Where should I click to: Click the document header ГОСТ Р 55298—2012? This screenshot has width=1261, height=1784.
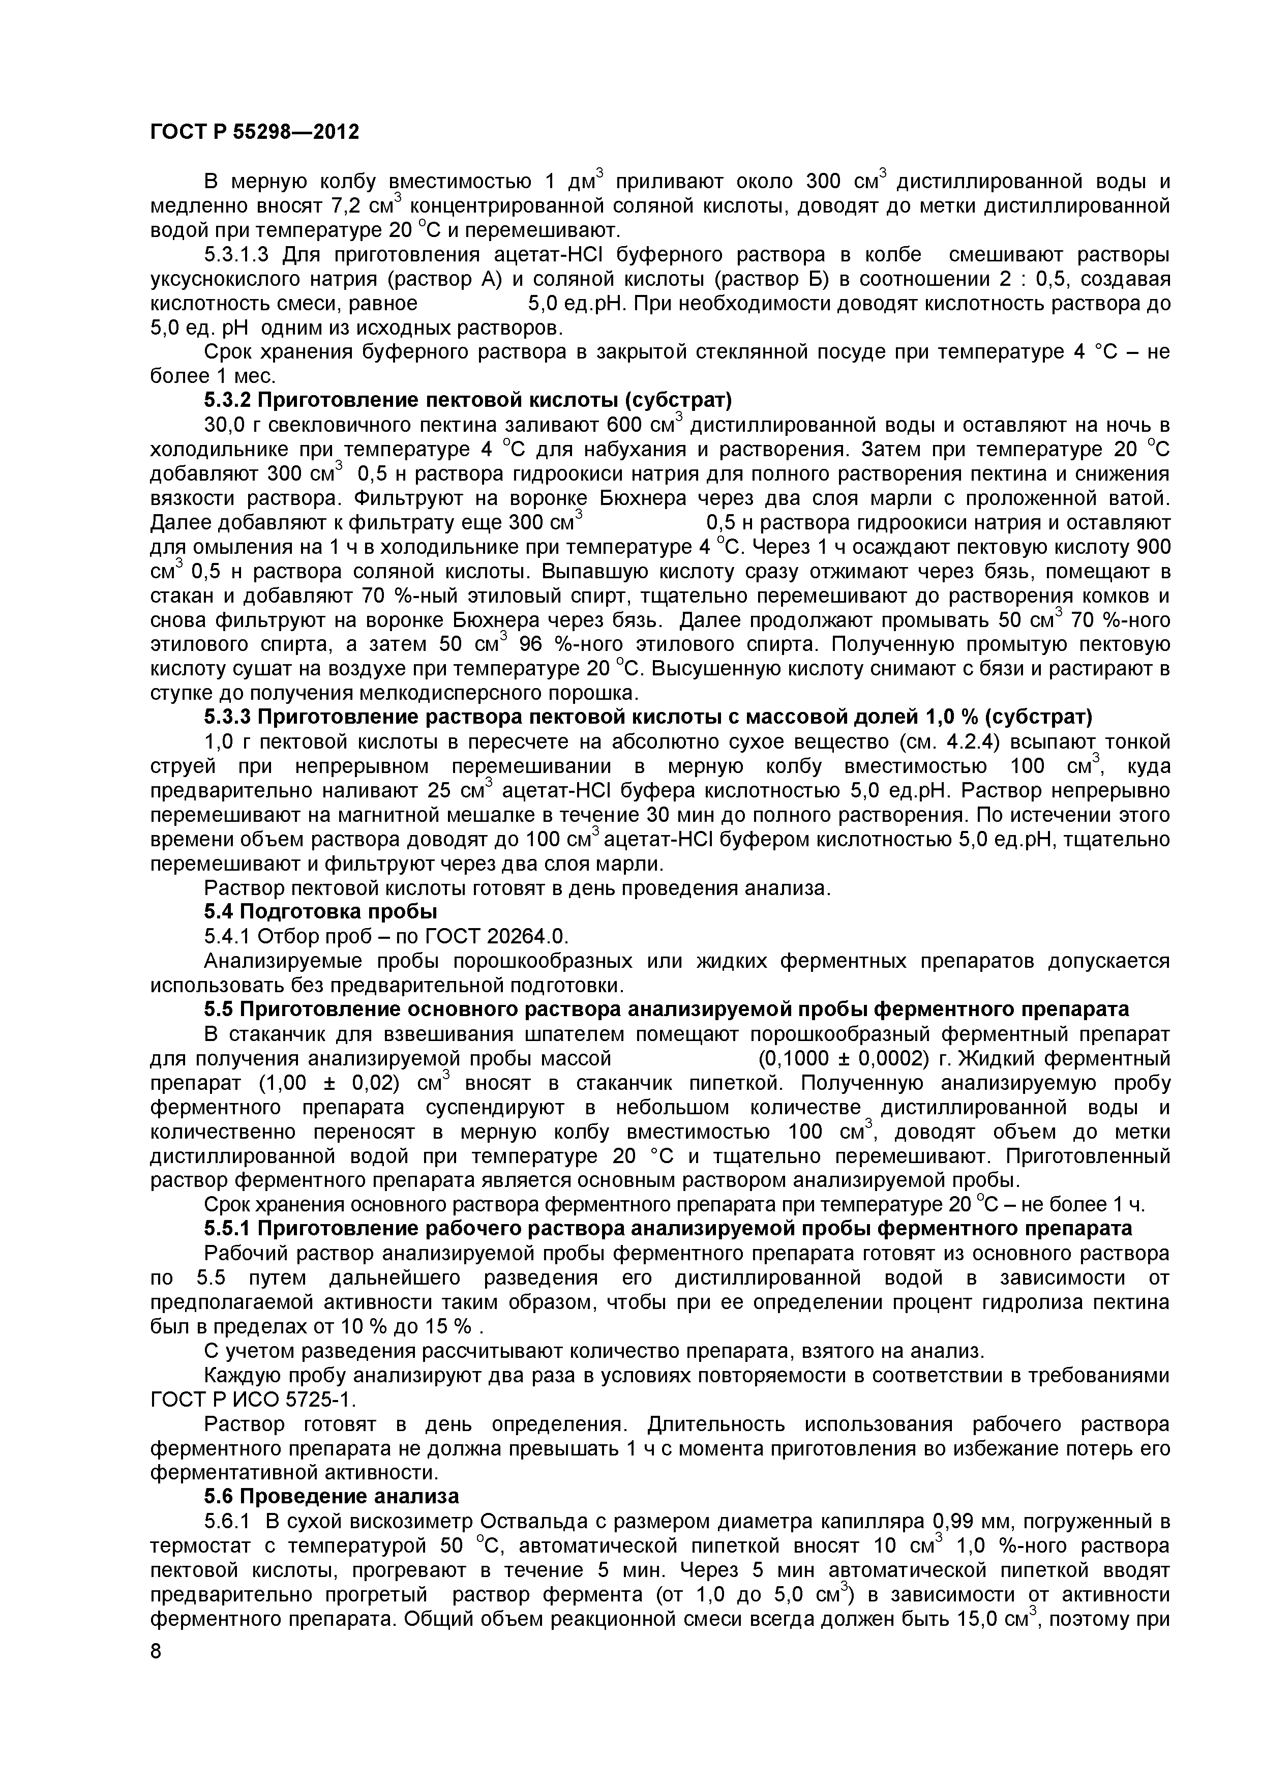[x=254, y=132]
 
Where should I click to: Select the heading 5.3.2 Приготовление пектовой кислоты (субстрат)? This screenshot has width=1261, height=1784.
[x=468, y=400]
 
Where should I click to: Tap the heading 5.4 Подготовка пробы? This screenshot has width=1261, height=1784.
[x=320, y=911]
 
